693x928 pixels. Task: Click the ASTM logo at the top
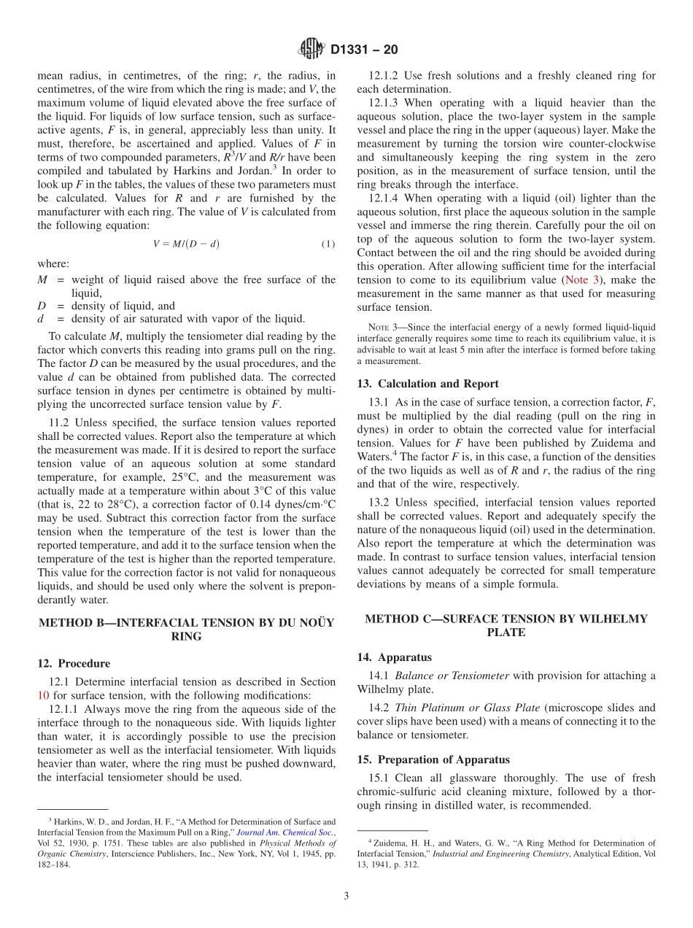[311, 50]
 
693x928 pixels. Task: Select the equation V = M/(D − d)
[186, 244]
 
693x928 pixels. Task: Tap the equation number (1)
[328, 244]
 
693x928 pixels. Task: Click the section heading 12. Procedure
[74, 663]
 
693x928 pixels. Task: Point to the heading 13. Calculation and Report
[427, 384]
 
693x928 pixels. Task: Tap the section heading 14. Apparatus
[394, 657]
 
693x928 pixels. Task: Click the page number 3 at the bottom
[346, 896]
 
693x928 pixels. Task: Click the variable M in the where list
[42, 279]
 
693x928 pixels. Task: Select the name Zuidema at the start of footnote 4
[390, 843]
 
